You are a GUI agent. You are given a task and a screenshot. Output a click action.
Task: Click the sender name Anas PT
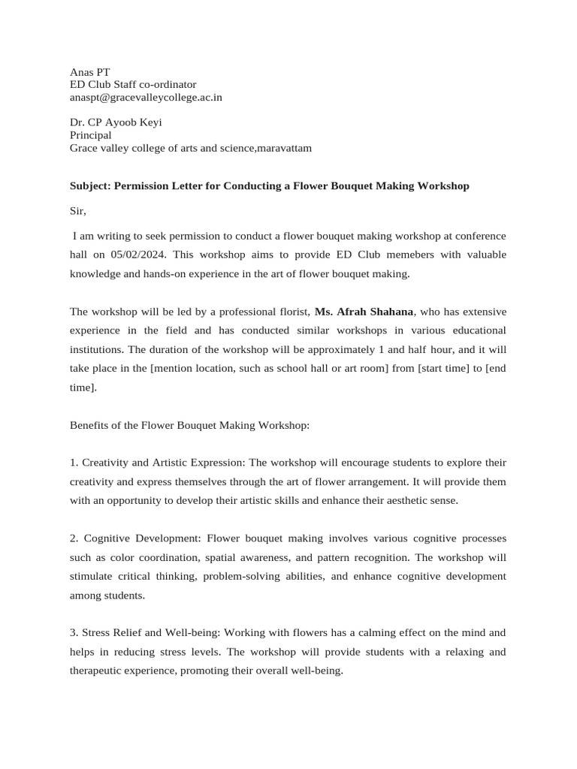pyautogui.click(x=89, y=72)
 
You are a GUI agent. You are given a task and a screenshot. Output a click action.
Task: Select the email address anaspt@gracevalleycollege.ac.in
pyautogui.click(x=146, y=97)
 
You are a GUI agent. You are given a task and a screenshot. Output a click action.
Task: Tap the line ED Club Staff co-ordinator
pyautogui.click(x=133, y=85)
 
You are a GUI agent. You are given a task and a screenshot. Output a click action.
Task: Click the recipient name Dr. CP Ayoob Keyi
pyautogui.click(x=116, y=122)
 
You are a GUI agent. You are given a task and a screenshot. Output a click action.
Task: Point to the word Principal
pyautogui.click(x=90, y=135)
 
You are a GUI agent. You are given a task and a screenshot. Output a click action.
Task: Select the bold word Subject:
pyautogui.click(x=92, y=185)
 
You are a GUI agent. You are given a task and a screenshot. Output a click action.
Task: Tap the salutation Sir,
pyautogui.click(x=78, y=212)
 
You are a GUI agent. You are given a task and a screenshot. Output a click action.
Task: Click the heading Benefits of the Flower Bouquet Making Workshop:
pyautogui.click(x=189, y=425)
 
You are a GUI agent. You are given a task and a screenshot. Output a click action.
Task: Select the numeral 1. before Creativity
pyautogui.click(x=74, y=463)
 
